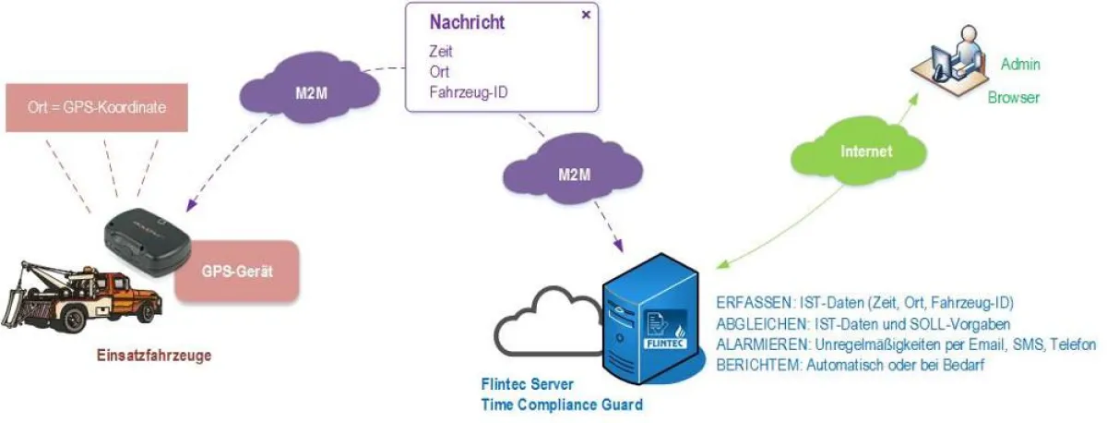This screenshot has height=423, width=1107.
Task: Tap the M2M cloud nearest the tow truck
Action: [x=308, y=91]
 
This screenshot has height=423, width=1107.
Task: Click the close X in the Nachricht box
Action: [x=586, y=16]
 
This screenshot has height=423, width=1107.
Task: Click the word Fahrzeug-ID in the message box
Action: [x=469, y=92]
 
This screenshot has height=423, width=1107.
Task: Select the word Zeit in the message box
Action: [x=442, y=52]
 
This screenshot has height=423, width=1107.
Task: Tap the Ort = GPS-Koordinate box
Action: [x=97, y=108]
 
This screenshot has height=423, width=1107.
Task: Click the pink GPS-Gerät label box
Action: [x=238, y=272]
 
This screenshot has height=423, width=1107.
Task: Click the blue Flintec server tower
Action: [x=654, y=319]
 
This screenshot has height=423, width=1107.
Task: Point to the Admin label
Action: [x=1021, y=64]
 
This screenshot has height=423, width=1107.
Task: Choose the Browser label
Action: [x=1014, y=97]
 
